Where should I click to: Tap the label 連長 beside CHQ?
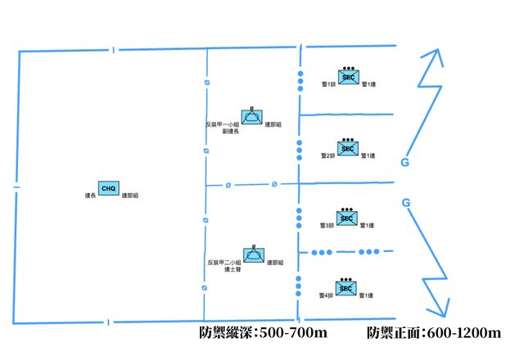(x=91, y=196)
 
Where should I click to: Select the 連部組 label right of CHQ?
(x=129, y=196)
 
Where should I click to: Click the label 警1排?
(x=329, y=85)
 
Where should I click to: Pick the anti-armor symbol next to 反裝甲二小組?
(x=253, y=255)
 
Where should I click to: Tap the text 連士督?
(x=230, y=269)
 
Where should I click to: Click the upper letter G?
(x=404, y=162)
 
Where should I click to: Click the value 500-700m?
(x=291, y=334)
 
